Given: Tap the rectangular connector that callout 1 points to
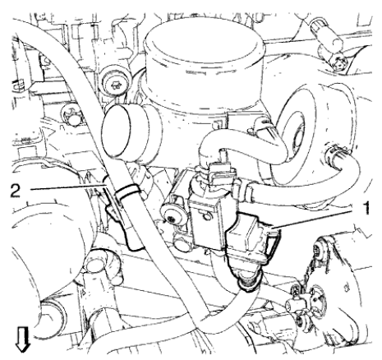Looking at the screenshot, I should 249,238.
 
